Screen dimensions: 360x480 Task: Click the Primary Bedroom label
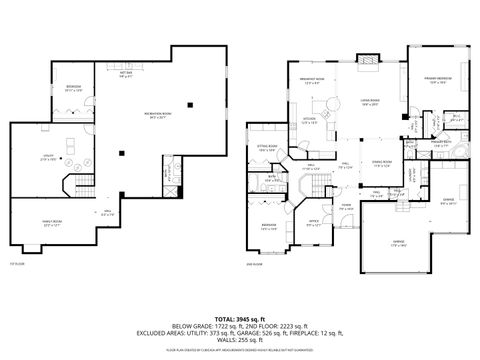(x=439, y=79)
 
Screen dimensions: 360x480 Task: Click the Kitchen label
(x=310, y=121)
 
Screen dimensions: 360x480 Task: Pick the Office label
(x=313, y=222)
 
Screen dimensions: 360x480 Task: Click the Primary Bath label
(x=439, y=143)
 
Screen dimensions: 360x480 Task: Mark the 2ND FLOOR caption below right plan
(x=253, y=264)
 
